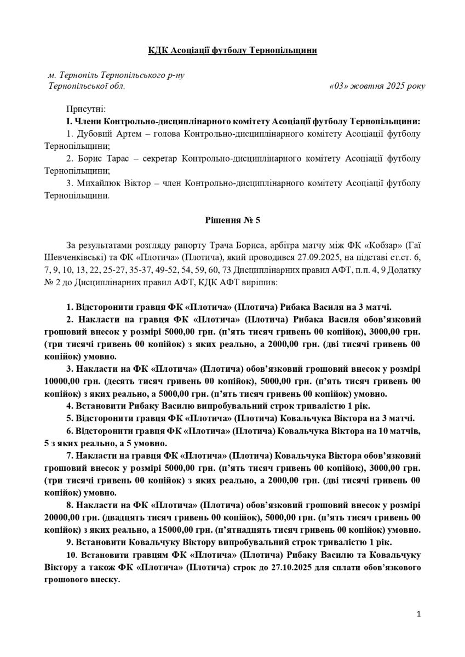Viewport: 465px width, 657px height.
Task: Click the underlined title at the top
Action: click(232, 50)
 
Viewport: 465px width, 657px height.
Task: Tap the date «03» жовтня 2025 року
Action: click(377, 86)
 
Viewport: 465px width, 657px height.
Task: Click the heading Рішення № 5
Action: click(232, 221)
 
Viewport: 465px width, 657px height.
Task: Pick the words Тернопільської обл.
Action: click(87, 86)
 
